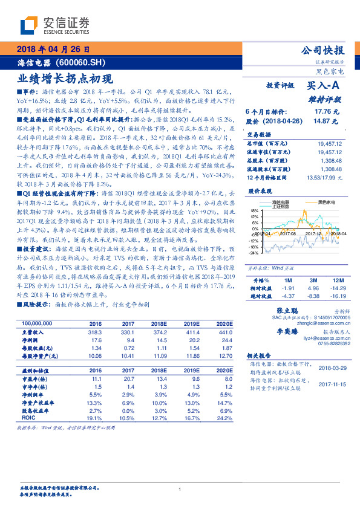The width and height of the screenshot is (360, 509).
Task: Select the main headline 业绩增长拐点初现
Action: (x=65, y=78)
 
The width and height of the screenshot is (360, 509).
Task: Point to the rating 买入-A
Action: (x=324, y=86)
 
